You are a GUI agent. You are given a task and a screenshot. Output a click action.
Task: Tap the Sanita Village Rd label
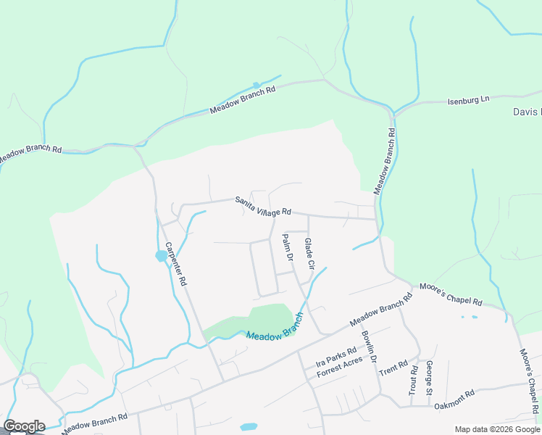coord(262,207)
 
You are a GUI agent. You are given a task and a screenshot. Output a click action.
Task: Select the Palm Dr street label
coord(286,248)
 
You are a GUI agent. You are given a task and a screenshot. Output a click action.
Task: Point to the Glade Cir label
coord(309,254)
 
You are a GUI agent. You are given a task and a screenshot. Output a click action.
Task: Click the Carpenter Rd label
coord(176,263)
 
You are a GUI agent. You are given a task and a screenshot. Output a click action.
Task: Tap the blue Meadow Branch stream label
coord(273,331)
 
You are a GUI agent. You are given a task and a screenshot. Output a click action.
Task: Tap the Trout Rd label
coord(413,378)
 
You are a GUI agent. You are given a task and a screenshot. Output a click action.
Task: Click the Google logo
coord(24,426)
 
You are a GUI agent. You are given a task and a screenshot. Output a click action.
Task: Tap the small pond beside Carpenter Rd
coord(159,256)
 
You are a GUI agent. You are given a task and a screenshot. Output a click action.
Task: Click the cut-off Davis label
coord(527,112)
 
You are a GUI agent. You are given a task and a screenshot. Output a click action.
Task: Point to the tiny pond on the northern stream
coord(255,85)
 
